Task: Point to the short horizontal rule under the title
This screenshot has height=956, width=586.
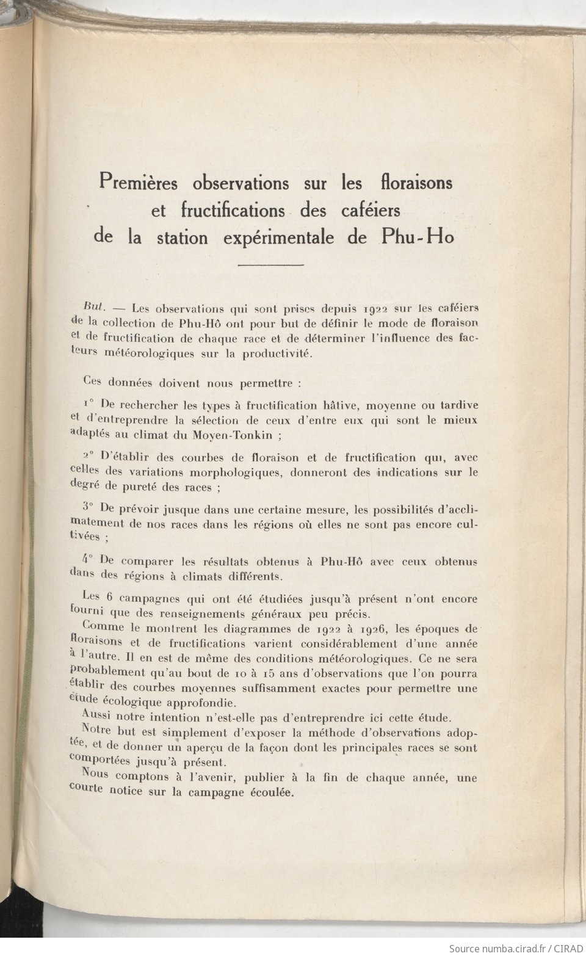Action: pos(270,265)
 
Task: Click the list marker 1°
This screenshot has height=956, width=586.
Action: pos(87,405)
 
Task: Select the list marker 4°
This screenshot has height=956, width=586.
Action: pos(87,560)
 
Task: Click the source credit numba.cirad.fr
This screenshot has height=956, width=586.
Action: pos(505,948)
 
